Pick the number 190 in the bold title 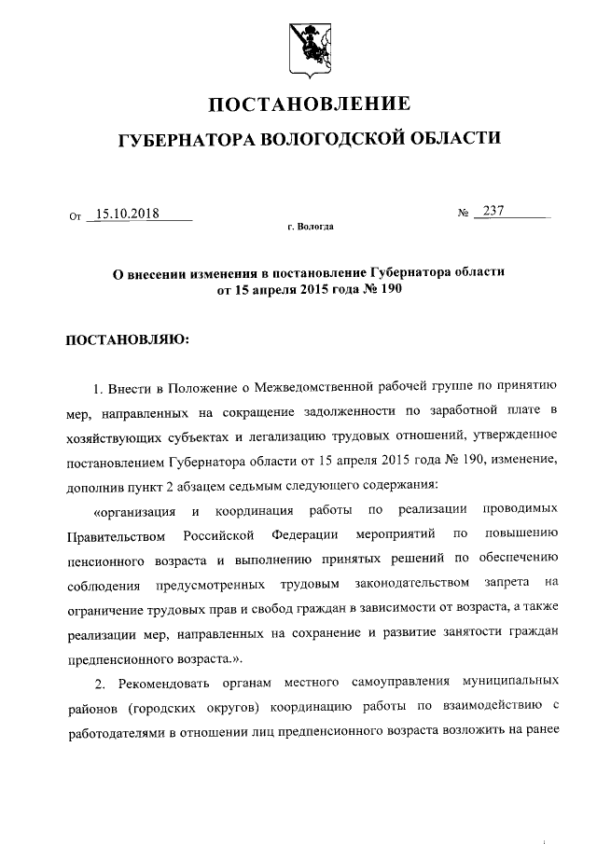click(x=391, y=289)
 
